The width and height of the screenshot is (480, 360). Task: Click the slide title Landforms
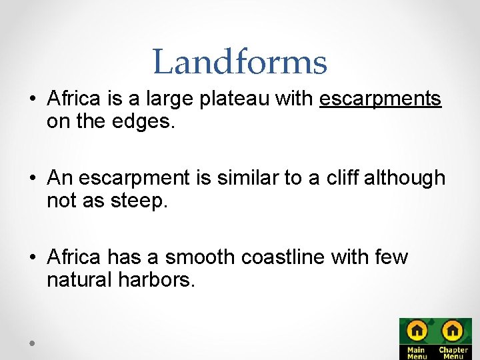239,61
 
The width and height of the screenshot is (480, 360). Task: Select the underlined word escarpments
381,99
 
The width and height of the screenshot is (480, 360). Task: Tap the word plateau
228,99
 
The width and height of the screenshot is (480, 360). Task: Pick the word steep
141,201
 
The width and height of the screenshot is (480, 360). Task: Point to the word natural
79,279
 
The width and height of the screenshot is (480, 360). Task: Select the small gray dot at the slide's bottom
31,342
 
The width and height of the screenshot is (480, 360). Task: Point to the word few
392,257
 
